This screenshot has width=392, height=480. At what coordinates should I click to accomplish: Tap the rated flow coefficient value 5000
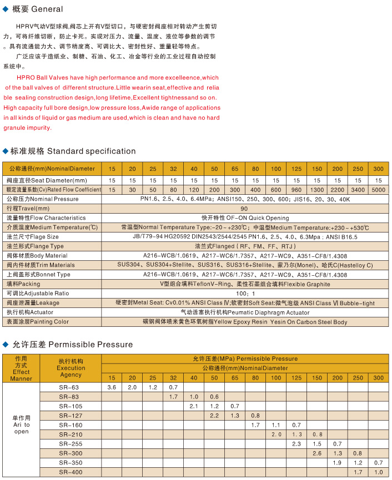(378, 189)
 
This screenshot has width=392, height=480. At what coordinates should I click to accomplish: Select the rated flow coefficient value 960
(296, 189)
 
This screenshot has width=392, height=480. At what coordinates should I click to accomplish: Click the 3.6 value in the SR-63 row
(112, 387)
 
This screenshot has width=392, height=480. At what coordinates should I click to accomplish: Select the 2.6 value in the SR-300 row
(317, 453)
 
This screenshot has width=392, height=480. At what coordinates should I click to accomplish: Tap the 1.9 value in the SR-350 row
(337, 462)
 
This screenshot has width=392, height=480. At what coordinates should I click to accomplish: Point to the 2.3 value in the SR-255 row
(296, 443)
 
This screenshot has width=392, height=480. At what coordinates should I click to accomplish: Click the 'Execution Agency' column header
(71, 368)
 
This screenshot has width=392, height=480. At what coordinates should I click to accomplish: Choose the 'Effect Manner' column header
(21, 368)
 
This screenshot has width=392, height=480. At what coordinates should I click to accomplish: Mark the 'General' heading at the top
(47, 9)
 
